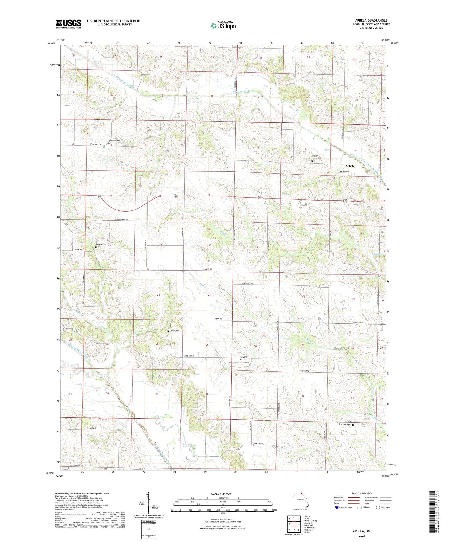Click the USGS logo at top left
[x=68, y=24]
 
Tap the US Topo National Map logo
[x=223, y=25]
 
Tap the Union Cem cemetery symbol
[x=168, y=331]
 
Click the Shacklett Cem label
[x=345, y=424]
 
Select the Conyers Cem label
[x=114, y=140]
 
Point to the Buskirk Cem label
[x=101, y=244]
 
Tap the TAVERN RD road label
[x=217, y=319]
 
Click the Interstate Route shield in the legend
[x=337, y=507]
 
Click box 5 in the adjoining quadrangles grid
[x=298, y=524]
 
